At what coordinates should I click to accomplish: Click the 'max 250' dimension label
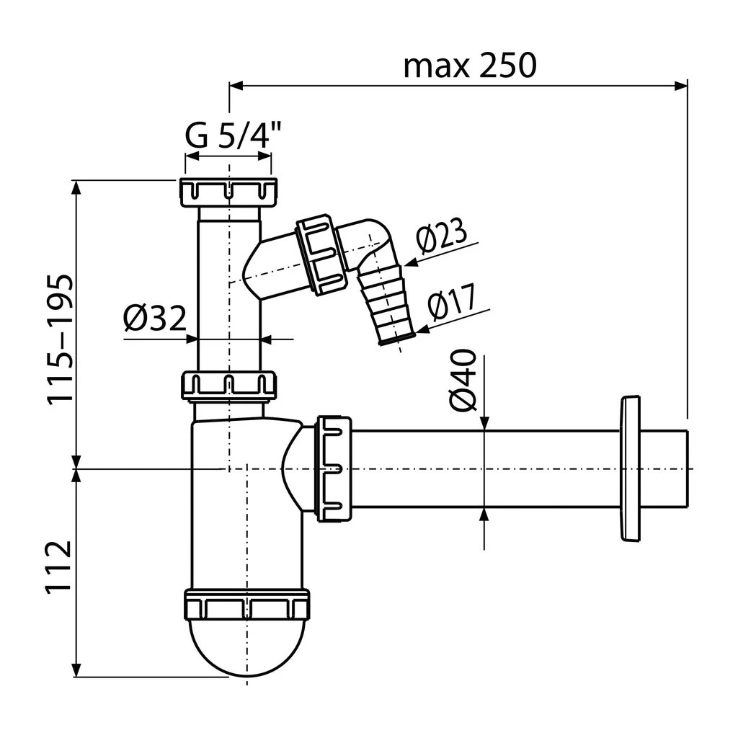pyautogui.click(x=470, y=66)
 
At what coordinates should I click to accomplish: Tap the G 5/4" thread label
pyautogui.click(x=233, y=135)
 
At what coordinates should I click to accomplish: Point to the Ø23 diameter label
pyautogui.click(x=442, y=236)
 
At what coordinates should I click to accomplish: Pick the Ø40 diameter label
pyautogui.click(x=463, y=380)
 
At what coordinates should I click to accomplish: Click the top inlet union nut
pyautogui.click(x=228, y=192)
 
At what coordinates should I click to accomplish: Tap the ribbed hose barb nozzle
pyautogui.click(x=385, y=305)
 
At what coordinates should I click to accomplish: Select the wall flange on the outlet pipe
pyautogui.click(x=630, y=468)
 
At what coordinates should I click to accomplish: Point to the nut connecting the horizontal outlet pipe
pyautogui.click(x=334, y=468)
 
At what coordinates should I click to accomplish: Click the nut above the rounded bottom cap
pyautogui.click(x=246, y=605)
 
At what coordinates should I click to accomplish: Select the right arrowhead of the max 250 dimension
pyautogui.click(x=681, y=86)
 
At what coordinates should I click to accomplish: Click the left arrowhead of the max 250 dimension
pyautogui.click(x=236, y=86)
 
